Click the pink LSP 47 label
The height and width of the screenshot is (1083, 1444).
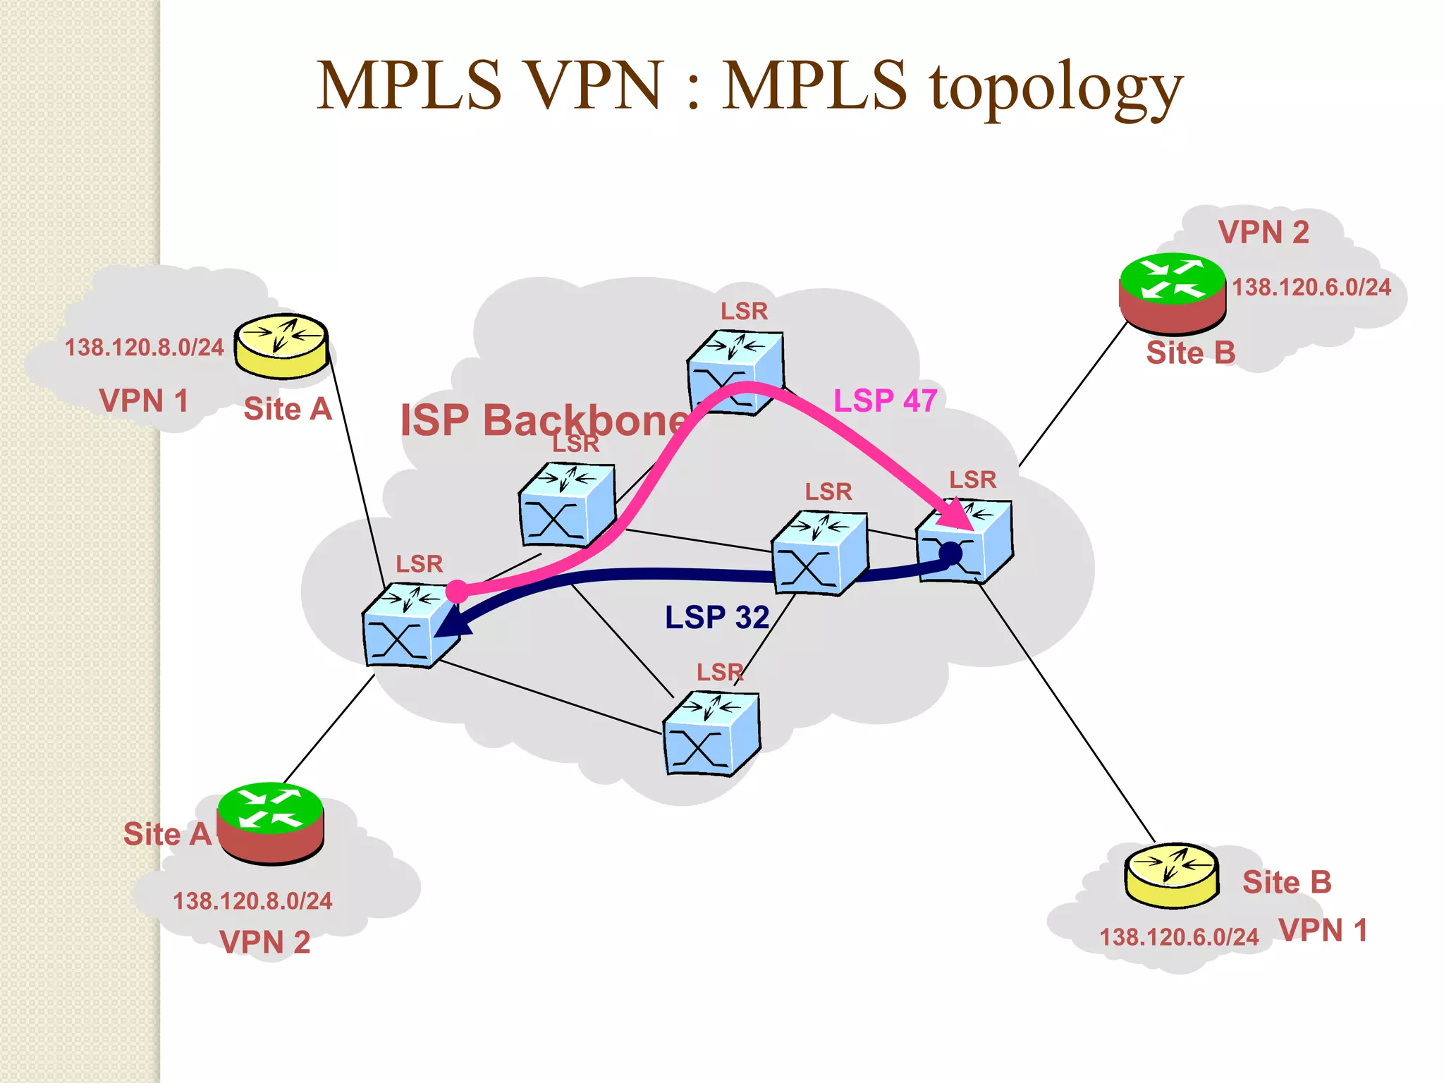[885, 400]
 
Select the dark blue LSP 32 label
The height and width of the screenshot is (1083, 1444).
[716, 618]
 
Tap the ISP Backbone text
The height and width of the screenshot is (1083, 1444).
[543, 420]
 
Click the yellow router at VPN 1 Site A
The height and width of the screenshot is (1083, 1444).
[281, 345]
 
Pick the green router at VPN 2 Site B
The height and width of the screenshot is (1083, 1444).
[1173, 293]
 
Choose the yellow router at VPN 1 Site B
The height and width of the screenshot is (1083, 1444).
[1172, 874]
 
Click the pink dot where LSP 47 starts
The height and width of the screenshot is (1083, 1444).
[457, 591]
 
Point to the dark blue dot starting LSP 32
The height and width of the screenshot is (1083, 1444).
[950, 553]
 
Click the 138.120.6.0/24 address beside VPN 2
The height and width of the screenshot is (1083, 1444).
[1311, 288]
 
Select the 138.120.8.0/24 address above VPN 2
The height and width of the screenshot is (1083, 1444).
[252, 901]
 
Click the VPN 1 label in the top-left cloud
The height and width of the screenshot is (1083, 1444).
[144, 400]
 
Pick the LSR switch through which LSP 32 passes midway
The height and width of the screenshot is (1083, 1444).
[819, 553]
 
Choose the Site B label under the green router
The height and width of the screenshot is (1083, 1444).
[1191, 353]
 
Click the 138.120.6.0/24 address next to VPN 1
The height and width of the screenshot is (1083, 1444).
[1179, 937]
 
